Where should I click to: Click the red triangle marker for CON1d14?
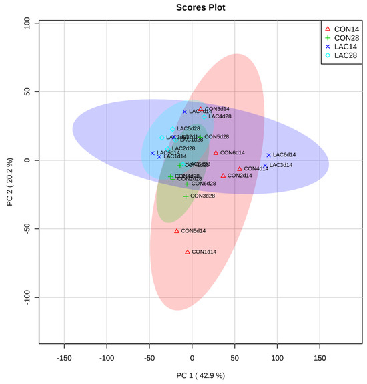[x=188, y=252]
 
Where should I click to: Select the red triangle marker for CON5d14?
[x=177, y=231]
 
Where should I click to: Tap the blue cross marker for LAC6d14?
[x=269, y=155]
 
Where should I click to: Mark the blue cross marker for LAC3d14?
[x=265, y=165]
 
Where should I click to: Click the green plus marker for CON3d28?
[x=186, y=196]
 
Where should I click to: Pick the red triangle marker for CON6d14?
[x=216, y=153]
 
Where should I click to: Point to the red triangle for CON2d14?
[x=223, y=176]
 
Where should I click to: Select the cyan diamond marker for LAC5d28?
[x=173, y=129]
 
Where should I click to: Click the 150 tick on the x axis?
[x=320, y=358]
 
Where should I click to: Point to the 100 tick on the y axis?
[x=28, y=23]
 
